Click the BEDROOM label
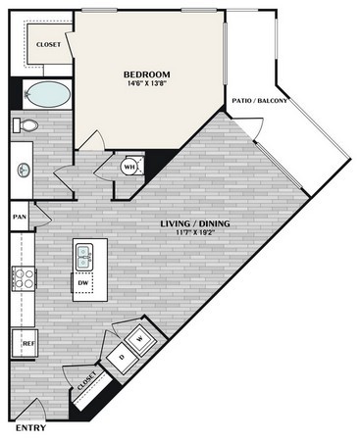(x=147, y=74)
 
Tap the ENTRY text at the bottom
(x=29, y=428)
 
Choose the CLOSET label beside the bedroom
(x=48, y=45)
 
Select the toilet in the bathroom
(x=26, y=125)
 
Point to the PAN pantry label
(x=19, y=217)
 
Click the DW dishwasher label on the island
(x=83, y=283)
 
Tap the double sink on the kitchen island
(x=84, y=258)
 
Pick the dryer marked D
(x=122, y=356)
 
